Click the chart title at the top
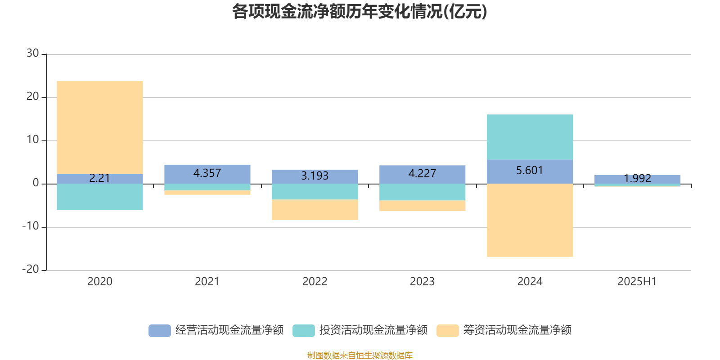[359, 12]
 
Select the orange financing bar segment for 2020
[99, 127]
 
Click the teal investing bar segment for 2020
[99, 197]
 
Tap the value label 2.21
[99, 178]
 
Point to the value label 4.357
[207, 173]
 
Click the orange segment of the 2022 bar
[315, 210]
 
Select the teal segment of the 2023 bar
[422, 192]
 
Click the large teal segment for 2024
[530, 137]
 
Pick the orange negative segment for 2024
[530, 220]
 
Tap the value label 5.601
[530, 171]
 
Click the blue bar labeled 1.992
[637, 179]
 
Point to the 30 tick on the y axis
[33, 54]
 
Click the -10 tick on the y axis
[31, 226]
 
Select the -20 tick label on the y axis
[31, 270]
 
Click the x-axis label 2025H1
[637, 282]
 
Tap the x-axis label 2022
[315, 282]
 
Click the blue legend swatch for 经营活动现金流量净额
[159, 330]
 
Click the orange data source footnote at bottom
[360, 355]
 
